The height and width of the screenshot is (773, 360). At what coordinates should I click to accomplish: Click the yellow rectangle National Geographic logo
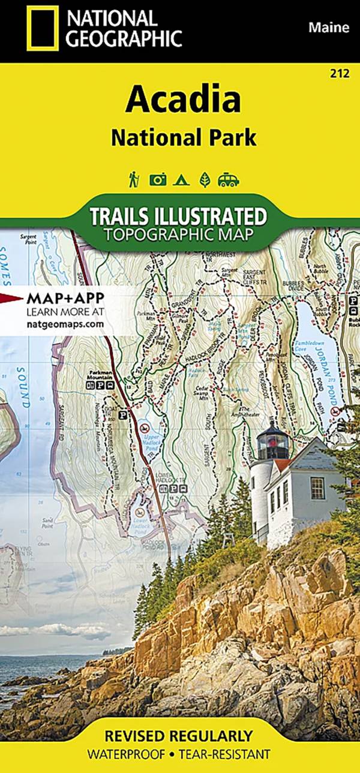tap(42, 28)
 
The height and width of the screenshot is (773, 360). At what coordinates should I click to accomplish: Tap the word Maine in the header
tap(328, 27)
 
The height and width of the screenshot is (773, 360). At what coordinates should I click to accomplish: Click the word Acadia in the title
tap(183, 100)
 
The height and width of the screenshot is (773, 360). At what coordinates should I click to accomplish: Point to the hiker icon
tap(134, 179)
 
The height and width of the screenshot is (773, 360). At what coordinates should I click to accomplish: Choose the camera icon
tap(158, 179)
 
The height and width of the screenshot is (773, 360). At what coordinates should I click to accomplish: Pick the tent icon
tap(181, 179)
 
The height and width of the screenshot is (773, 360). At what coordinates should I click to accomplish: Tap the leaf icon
tap(205, 179)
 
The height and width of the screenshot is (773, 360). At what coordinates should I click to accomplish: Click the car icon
tap(229, 179)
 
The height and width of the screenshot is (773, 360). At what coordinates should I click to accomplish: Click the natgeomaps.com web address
tap(65, 324)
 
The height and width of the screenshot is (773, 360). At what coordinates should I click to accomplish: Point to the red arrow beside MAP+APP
tap(11, 297)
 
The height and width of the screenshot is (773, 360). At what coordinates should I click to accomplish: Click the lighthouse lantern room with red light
tap(273, 444)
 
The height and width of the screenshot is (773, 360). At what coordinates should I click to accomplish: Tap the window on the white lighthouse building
tap(317, 488)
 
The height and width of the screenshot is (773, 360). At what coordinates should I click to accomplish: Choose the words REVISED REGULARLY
tap(178, 736)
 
